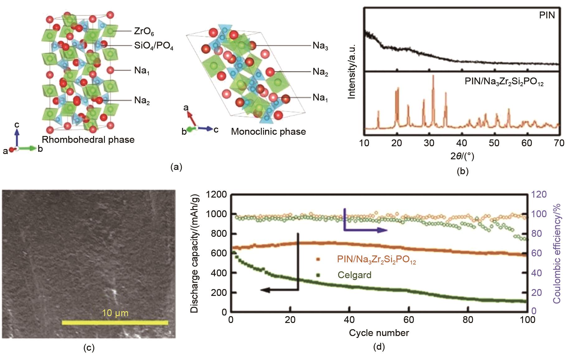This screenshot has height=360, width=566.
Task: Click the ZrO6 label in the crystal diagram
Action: click(144, 31)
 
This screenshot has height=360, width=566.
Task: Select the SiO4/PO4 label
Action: click(153, 46)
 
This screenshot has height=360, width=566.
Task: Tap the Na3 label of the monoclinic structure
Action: click(320, 46)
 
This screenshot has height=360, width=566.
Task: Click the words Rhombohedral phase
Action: click(88, 139)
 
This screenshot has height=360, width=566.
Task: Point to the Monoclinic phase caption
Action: click(268, 131)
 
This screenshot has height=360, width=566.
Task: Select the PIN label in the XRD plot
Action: click(547, 15)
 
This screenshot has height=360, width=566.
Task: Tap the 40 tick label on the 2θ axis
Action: click(462, 143)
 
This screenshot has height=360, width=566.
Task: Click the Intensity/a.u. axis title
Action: click(352, 72)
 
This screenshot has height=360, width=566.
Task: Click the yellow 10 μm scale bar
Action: click(115, 323)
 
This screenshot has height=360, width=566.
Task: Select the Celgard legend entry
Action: click(355, 275)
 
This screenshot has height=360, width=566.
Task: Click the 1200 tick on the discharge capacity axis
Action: click(216, 194)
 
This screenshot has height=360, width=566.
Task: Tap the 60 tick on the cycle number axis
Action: click(409, 320)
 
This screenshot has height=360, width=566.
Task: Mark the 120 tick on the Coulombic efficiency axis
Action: click(539, 194)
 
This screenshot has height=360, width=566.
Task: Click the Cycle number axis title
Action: click(379, 333)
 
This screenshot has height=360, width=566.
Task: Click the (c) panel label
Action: click(89, 348)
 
